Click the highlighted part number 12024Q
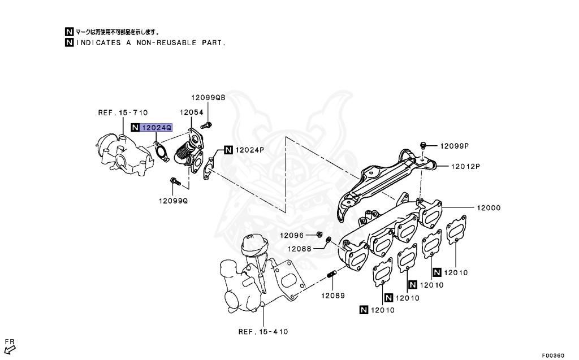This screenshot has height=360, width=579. tap(156, 128)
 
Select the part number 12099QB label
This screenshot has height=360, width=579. tap(208, 98)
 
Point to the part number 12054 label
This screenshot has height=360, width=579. tap(192, 112)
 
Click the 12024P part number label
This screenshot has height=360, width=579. tap(249, 150)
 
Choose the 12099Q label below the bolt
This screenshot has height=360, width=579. tap(173, 201)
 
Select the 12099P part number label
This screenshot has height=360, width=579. tap(455, 146)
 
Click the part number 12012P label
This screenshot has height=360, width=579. tap(465, 166)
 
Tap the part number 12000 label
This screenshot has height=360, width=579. tap(488, 208)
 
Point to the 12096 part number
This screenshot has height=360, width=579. tap(292, 235)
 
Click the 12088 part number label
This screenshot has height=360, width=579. tap(299, 249)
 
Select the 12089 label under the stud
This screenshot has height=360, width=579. tap(334, 296)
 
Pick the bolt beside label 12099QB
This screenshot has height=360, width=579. tap(208, 124)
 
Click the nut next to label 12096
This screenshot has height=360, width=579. tap(319, 234)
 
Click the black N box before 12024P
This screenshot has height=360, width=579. tap(228, 150)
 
